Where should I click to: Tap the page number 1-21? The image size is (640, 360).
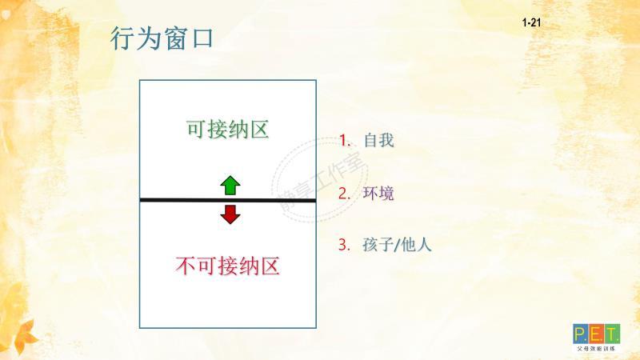coord(531,24)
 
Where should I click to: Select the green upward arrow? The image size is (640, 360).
coord(230,186)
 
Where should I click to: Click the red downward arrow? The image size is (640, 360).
coord(230,214)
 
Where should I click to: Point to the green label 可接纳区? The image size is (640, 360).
coord(227,130)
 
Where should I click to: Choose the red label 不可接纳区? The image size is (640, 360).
coord(227,266)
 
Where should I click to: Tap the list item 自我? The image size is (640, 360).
coord(378,140)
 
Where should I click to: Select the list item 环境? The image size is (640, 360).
coord(378,193)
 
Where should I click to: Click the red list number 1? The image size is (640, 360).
coord(344,140)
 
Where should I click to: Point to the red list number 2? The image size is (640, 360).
coord(344,193)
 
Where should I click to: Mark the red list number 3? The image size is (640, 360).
coord(344,245)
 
